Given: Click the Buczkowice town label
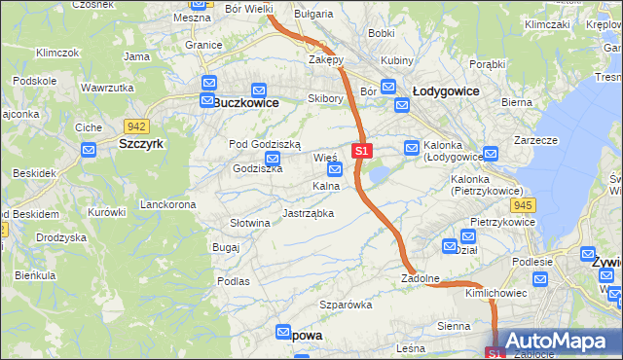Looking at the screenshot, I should click(246, 102).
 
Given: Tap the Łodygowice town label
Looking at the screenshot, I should click(445, 90).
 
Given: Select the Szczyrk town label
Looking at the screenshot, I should click(140, 143).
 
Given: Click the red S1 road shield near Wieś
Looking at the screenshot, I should click(362, 151).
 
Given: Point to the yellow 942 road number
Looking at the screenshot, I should click(136, 126).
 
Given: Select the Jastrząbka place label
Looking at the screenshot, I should click(308, 212).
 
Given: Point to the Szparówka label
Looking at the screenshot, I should click(347, 305).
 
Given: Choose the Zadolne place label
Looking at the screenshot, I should click(421, 278).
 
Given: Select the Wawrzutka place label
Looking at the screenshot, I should click(107, 88).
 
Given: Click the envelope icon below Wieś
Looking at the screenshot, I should click(335, 170).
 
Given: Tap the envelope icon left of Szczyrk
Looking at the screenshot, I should click(89, 150).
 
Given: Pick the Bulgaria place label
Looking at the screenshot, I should click(312, 15).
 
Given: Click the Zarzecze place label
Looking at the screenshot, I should click(535, 140).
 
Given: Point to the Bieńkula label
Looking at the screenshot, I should click(35, 275).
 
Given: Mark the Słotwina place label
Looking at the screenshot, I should click(249, 223).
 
